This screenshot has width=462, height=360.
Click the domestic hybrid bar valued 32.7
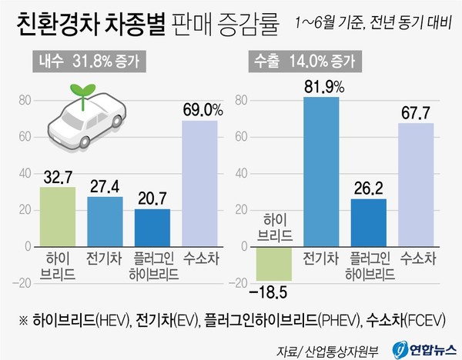point(58,216)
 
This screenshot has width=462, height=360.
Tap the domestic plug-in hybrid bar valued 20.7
point(152,228)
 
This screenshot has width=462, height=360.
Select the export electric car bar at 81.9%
point(321,172)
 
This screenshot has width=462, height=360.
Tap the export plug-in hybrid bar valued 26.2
point(369,222)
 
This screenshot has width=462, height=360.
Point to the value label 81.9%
point(321,85)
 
